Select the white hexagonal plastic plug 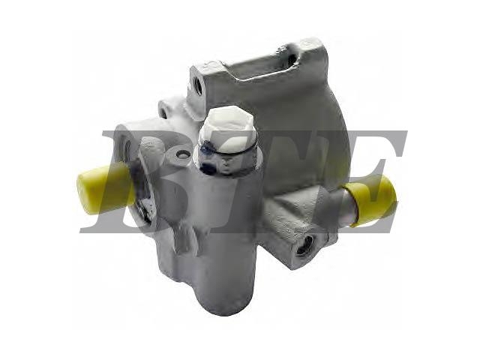click(x=229, y=128)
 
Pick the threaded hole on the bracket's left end click(x=198, y=85)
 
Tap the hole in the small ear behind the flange click(x=163, y=112)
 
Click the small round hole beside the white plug click(x=183, y=155)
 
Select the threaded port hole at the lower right click(x=303, y=247)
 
